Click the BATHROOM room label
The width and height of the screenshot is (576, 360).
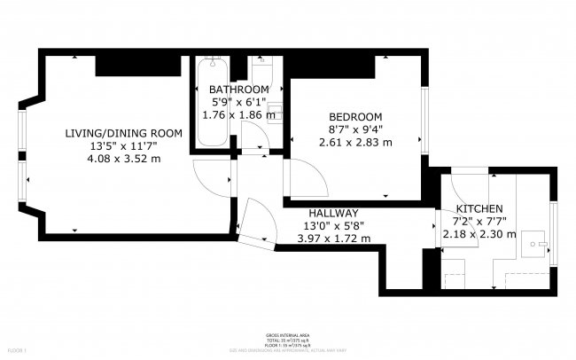(x=238, y=90)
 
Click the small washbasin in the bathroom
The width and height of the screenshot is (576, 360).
(x=276, y=112)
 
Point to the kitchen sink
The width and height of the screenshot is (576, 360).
(x=537, y=242)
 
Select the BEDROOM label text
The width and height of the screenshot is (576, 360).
(x=355, y=117)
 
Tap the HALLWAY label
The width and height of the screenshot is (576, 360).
(x=333, y=213)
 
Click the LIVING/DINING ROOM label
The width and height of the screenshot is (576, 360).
(x=124, y=133)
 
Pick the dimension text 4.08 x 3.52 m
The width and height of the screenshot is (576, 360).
(x=124, y=159)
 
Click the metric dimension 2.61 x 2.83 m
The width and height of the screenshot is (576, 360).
(x=355, y=142)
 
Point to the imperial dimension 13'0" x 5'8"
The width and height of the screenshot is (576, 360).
(x=333, y=225)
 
